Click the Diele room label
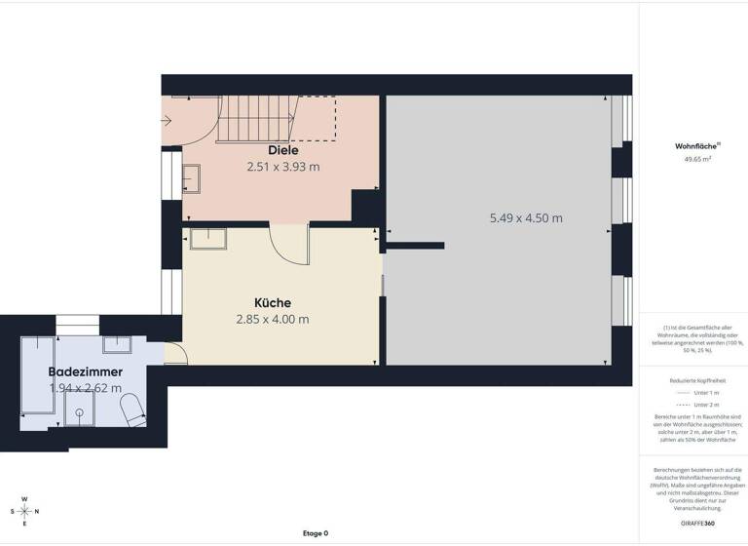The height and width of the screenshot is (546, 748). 283,150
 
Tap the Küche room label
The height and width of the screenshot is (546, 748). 273,302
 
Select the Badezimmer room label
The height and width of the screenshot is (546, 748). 86,371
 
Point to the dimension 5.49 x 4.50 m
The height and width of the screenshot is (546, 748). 526,218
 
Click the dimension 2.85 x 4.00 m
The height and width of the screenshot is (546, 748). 273,319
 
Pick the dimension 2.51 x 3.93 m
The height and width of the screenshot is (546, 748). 283,167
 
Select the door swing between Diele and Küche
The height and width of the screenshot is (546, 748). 289,244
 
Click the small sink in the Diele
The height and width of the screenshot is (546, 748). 191,178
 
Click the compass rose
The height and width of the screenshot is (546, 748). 25,511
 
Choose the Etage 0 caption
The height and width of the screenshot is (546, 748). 316,533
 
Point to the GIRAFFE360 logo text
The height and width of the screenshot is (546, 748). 693,525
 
